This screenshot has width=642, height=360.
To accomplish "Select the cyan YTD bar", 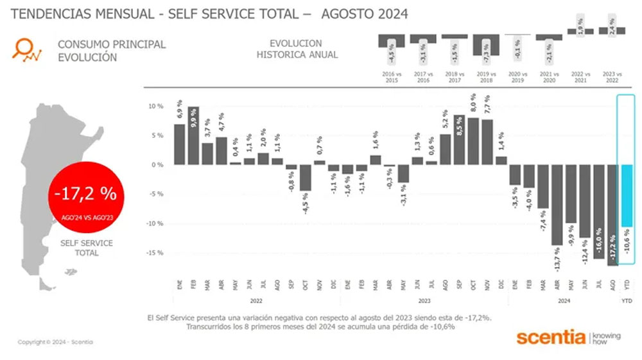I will coord(627,196).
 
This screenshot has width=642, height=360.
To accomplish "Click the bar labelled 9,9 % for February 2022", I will coord(193,135).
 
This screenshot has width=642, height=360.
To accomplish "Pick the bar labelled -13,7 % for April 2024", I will coord(557,205).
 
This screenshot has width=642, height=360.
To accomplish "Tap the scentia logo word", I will coord(551,338).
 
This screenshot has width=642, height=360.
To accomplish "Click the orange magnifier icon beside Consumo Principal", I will coord(27,49).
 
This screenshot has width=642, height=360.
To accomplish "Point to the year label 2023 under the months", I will coord(424,300).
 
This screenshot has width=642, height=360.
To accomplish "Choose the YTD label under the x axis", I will coord(627,300).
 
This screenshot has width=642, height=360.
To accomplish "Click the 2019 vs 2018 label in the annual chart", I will coord(486,77).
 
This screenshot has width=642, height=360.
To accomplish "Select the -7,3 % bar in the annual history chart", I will coord(486,44).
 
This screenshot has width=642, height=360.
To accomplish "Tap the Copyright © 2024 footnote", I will coord(55,342).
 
